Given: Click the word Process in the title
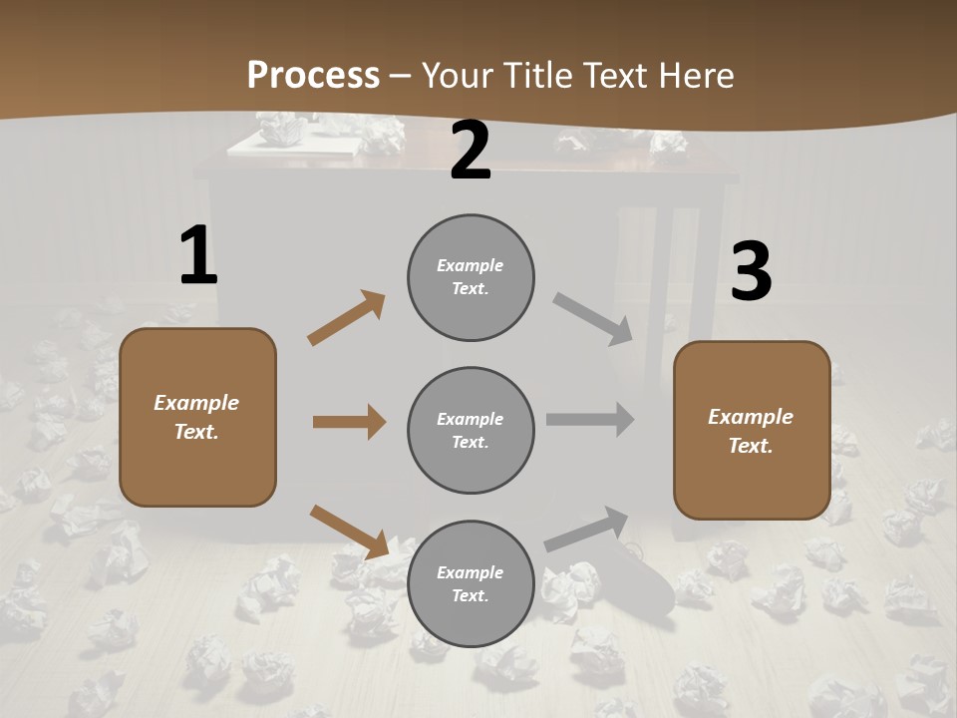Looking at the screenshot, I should pos(313,76).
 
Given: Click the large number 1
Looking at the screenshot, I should pos(198,256).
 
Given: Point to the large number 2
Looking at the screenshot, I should pos(471,152).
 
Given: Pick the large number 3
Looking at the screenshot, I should pos(751,272).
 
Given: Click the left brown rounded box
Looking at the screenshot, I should pos(197,417).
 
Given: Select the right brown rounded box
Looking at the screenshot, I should pos(752,431).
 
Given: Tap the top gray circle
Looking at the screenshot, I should pos(471,277).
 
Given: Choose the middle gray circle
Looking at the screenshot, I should pos(471,431).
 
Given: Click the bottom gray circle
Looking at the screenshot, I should pos(471,584).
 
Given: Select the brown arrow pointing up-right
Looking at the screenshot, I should pos(346,318).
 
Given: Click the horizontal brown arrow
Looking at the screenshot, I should pos(349,422).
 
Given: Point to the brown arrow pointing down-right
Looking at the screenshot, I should pos(349,532).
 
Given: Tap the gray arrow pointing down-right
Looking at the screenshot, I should pos(593,319).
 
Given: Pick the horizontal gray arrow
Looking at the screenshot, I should pos(590,420).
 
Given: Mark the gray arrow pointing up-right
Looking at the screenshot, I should pos(587,529).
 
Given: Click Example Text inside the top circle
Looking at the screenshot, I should pos(471,277).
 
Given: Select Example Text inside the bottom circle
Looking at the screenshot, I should pos(471,584).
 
